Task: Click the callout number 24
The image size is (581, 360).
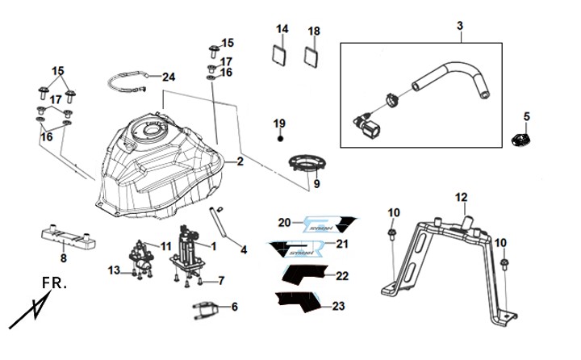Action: point(168,77)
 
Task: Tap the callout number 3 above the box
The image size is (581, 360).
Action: point(460,27)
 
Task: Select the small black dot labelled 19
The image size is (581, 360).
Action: point(279,139)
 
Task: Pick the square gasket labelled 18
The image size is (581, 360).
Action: point(313,58)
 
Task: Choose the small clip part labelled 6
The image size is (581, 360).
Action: point(207,308)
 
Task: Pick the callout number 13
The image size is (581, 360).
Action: point(115,269)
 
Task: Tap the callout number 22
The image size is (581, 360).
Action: point(342,276)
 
